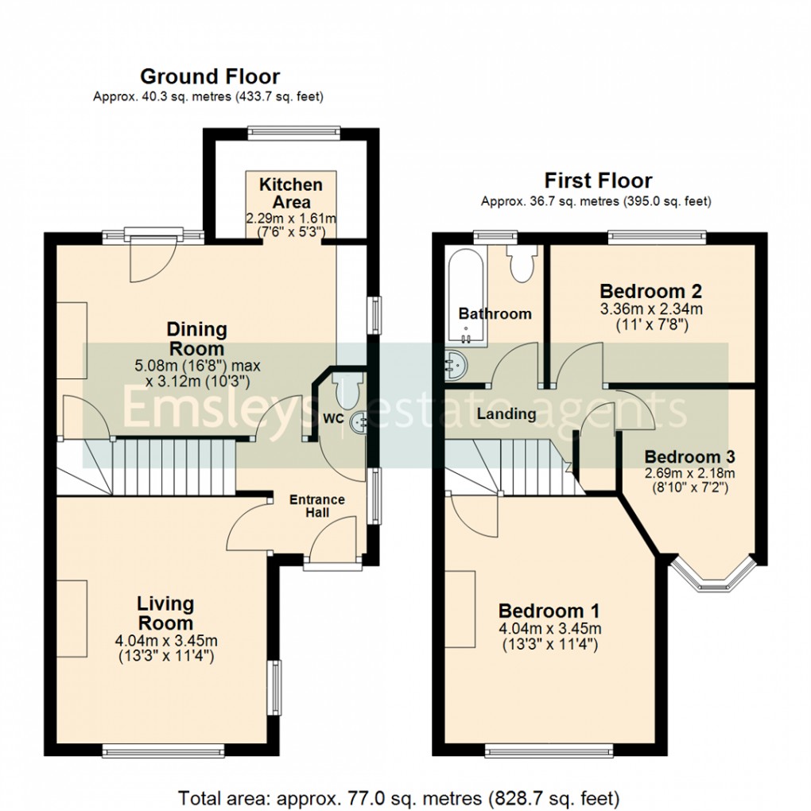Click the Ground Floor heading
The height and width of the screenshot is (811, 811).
pos(210,77)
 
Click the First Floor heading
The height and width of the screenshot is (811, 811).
pos(597,180)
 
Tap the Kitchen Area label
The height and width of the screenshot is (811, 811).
pos(291,193)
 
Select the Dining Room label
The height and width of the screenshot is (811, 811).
pos(196,339)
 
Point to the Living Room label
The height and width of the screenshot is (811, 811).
pos(165,613)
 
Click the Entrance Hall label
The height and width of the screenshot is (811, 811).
pos(317,506)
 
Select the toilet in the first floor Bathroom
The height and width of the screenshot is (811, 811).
pos(522,265)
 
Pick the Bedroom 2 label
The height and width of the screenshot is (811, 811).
pos(651,290)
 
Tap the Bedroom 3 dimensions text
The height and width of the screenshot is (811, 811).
pos(689,479)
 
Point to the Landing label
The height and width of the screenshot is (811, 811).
pos(506,414)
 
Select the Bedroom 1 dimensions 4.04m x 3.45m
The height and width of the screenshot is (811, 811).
pos(549,629)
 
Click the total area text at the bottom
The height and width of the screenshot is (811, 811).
pos(398,797)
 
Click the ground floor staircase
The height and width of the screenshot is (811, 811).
pos(175,465)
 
